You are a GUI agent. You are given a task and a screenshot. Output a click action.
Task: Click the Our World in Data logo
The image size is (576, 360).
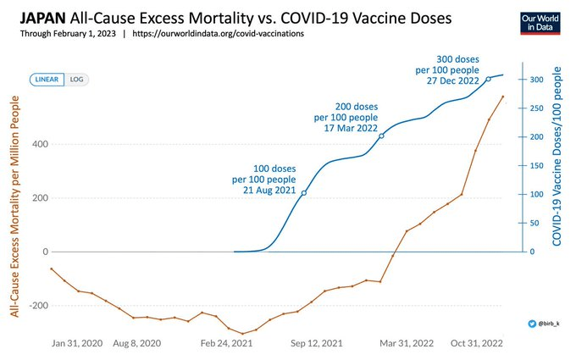tap(540, 25)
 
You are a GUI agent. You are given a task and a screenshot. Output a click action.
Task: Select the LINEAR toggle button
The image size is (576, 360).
tap(46, 80)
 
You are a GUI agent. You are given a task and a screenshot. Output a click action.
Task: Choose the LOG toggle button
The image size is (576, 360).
tap(77, 80)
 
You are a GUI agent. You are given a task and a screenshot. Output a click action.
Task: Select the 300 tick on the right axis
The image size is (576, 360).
tap(535, 80)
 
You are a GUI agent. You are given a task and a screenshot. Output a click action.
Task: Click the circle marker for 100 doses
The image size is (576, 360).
tap(303, 193)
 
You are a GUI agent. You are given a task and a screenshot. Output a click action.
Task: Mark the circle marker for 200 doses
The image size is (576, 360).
tap(382, 136)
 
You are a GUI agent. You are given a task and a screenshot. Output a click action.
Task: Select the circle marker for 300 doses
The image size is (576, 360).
tap(488, 79)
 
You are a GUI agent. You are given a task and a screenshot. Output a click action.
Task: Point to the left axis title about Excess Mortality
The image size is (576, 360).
tap(15, 208)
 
